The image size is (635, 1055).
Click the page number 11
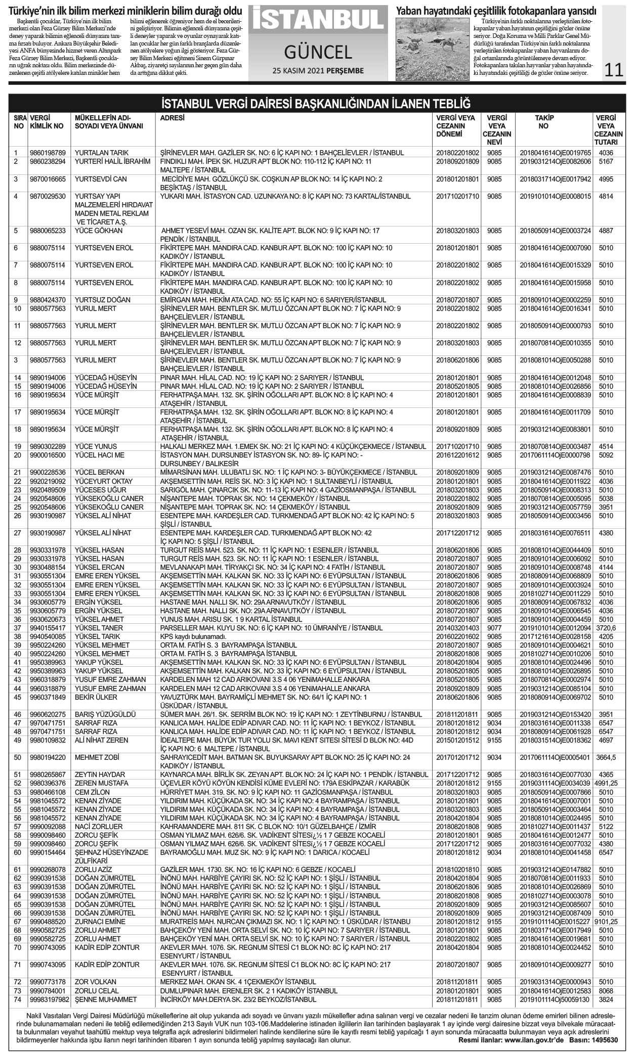(x=613, y=69)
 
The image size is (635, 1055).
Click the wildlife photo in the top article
(x=433, y=49)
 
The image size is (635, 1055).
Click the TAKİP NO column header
(x=544, y=122)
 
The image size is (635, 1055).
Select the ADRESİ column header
(x=172, y=118)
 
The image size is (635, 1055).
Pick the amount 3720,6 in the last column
(x=606, y=628)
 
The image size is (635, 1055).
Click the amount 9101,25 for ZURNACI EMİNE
(x=606, y=922)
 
